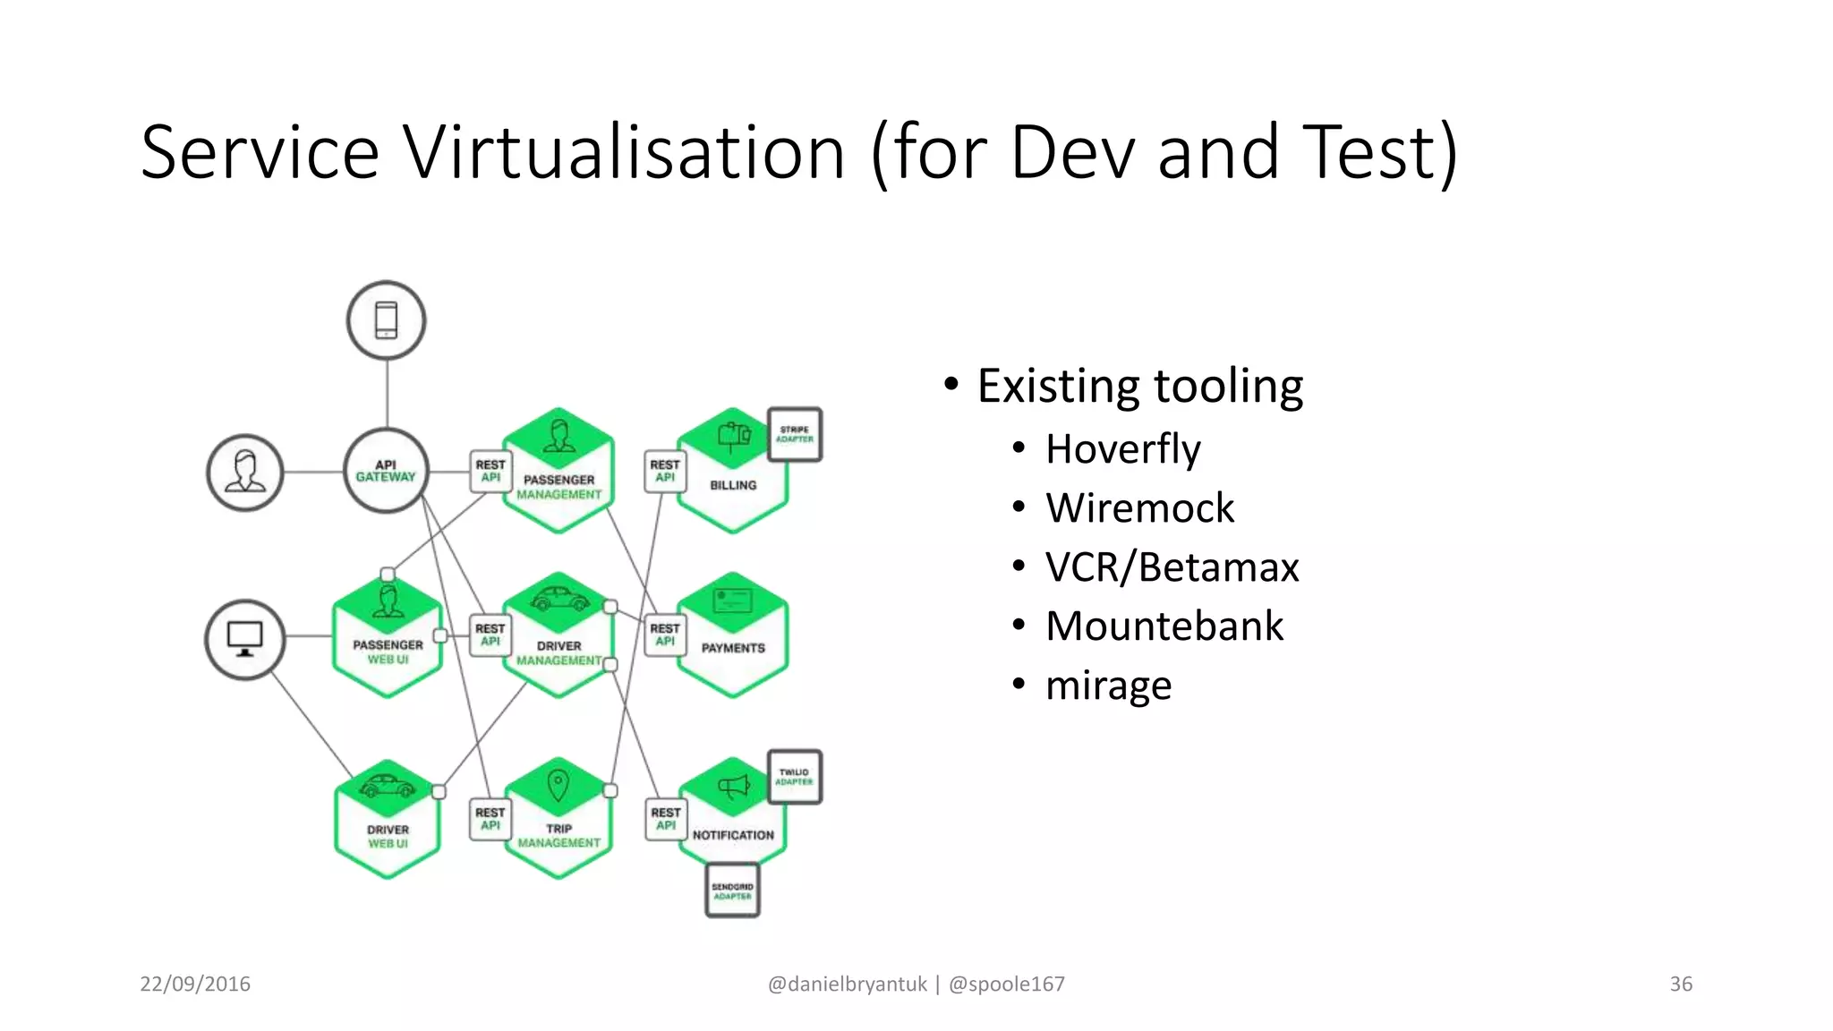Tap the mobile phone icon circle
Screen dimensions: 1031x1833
click(x=386, y=320)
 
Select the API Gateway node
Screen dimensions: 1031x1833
click(x=386, y=471)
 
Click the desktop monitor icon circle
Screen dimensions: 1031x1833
click(x=244, y=639)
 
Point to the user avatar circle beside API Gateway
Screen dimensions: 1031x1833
click(x=244, y=473)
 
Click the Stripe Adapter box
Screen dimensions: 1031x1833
click(x=795, y=435)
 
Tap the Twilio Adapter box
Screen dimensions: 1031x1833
click(x=795, y=777)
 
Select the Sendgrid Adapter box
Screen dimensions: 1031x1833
click(x=732, y=890)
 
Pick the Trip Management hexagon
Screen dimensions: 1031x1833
click(x=558, y=820)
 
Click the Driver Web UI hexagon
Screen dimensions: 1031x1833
click(x=387, y=822)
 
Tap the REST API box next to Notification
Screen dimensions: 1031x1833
click(x=665, y=819)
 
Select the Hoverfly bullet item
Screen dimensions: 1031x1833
click(x=1122, y=448)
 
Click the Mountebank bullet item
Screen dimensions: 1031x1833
click(x=1164, y=626)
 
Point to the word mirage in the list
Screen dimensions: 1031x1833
click(x=1108, y=686)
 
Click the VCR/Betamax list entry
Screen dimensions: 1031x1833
click(x=1172, y=567)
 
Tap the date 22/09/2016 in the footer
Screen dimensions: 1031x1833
click(x=195, y=984)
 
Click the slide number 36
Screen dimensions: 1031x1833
click(x=1680, y=984)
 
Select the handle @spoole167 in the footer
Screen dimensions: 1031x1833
click(x=1006, y=984)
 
